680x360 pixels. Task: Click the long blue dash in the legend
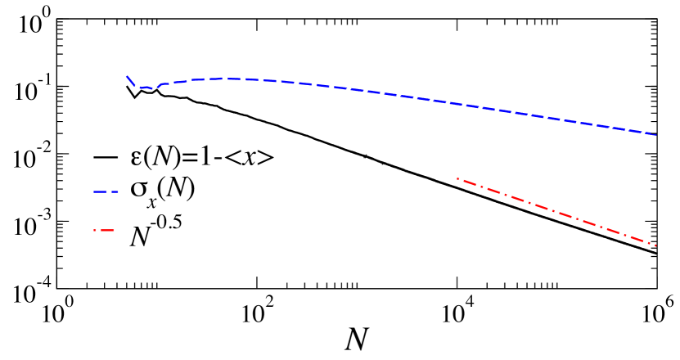click(x=101, y=191)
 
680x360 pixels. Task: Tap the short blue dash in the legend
click(x=115, y=191)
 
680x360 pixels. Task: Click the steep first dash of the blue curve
click(x=129, y=80)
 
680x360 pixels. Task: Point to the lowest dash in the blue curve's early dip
click(x=144, y=88)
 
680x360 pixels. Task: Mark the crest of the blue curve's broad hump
click(x=229, y=79)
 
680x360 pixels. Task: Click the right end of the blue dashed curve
click(x=656, y=134)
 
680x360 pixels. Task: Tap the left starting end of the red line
click(x=457, y=178)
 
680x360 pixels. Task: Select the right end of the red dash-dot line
click(x=655, y=245)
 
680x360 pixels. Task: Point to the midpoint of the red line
click(x=556, y=212)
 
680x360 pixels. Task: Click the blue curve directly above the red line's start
click(x=457, y=104)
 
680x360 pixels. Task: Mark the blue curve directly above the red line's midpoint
click(x=556, y=119)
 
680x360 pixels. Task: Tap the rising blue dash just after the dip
click(x=164, y=83)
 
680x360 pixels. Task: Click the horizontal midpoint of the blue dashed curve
click(x=391, y=95)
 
